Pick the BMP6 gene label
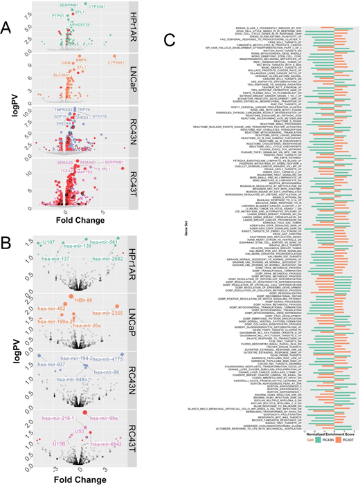pos(81,60)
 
